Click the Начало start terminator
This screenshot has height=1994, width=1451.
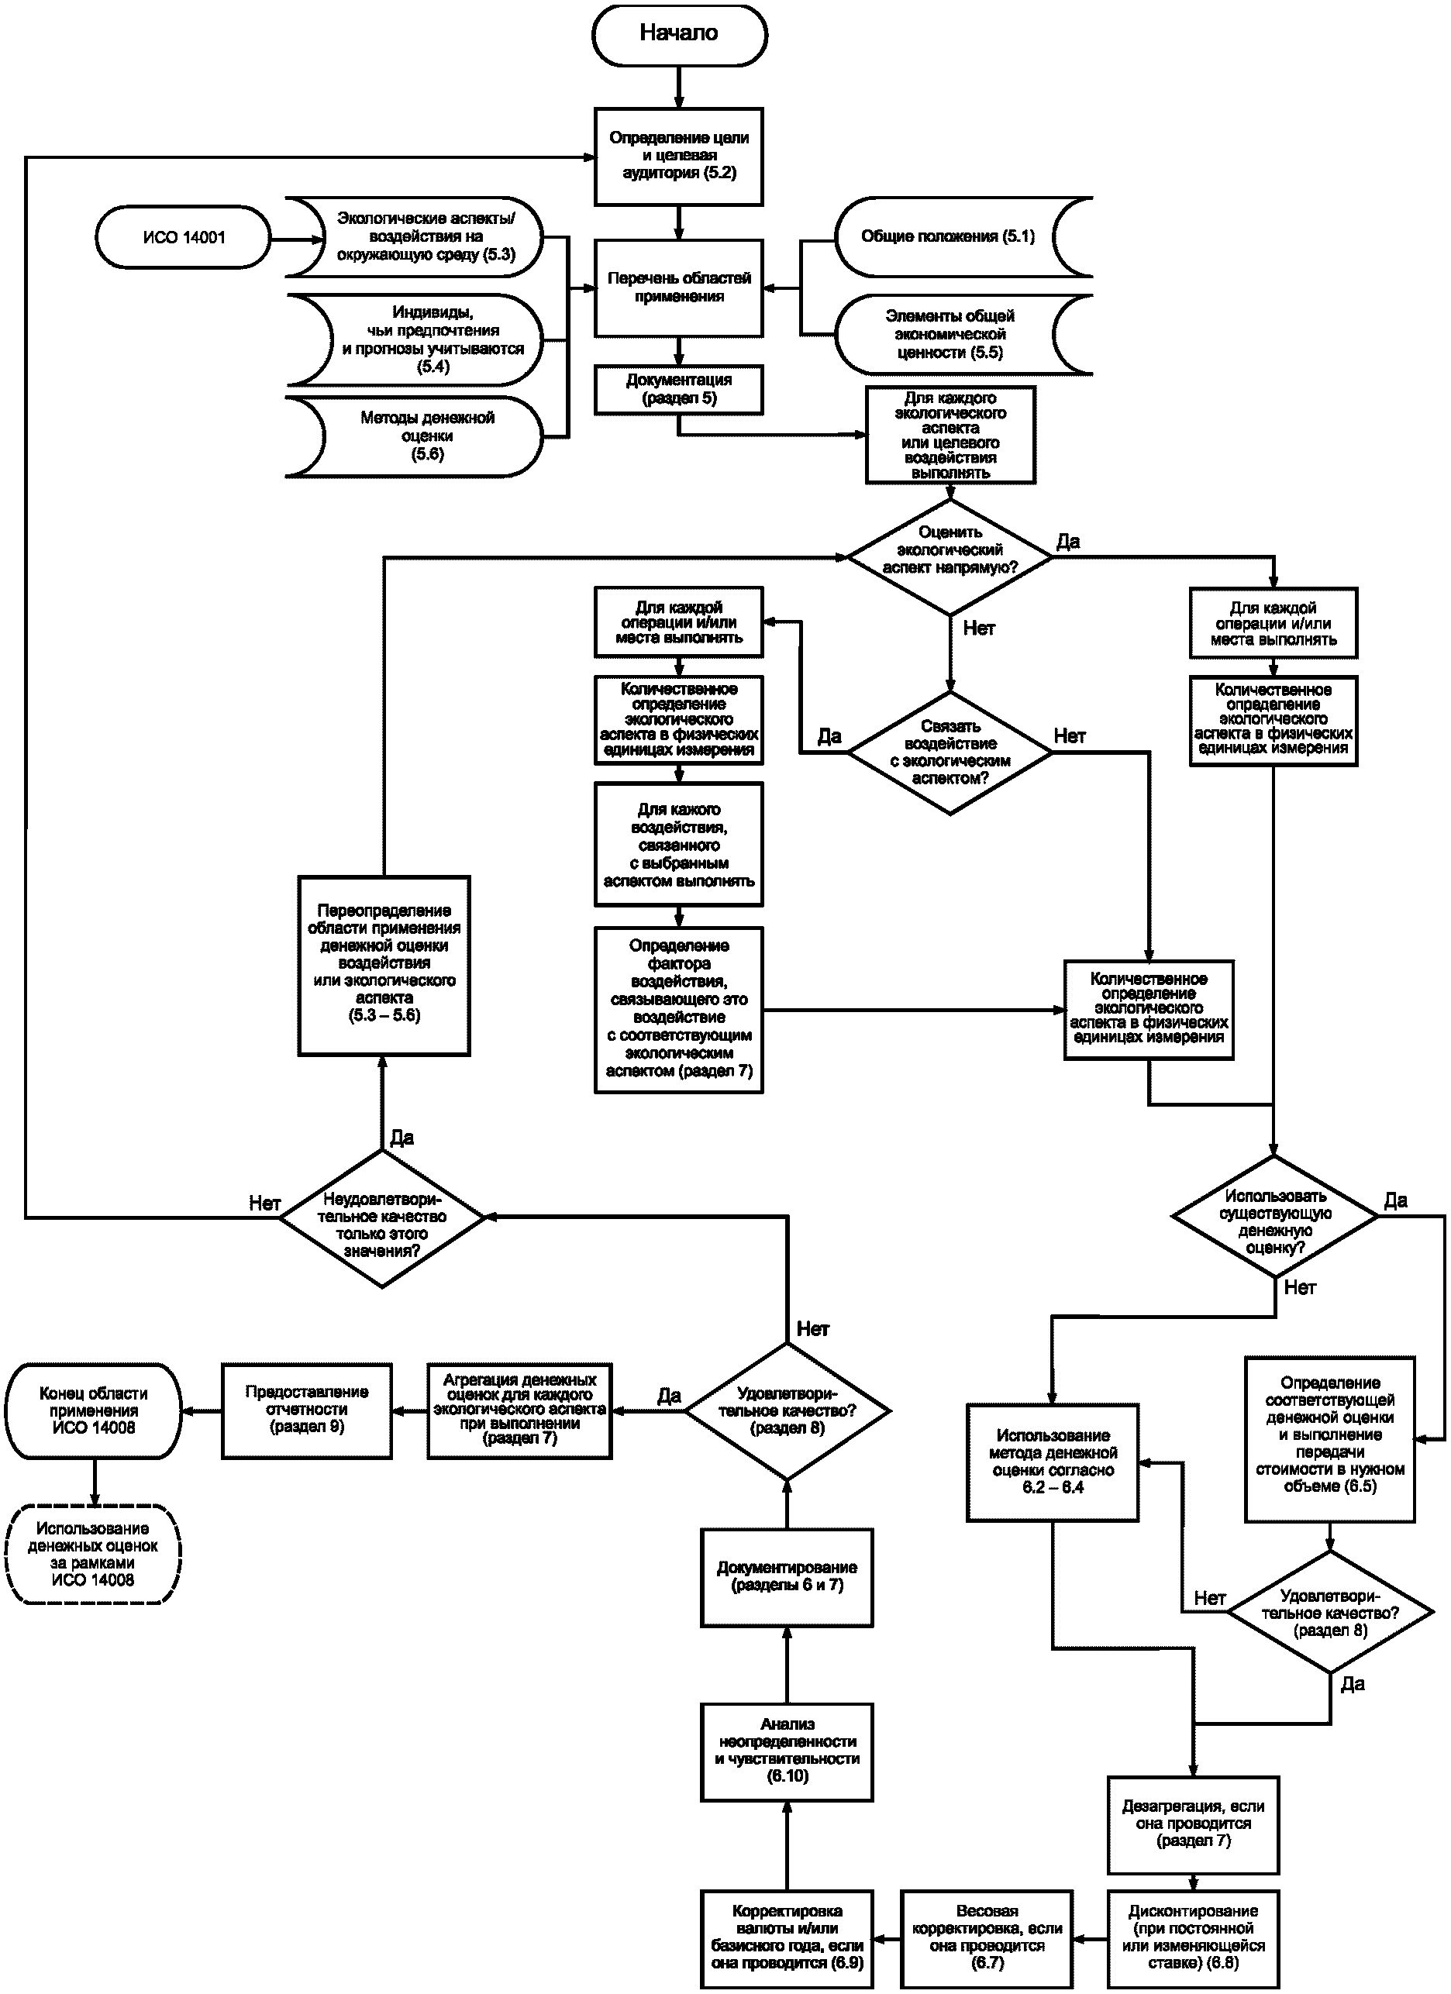point(679,34)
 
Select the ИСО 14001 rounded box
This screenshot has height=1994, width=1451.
point(182,237)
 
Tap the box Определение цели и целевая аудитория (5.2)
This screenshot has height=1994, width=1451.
point(679,157)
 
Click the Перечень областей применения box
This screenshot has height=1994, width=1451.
point(679,288)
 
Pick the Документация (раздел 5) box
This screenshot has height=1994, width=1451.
point(679,390)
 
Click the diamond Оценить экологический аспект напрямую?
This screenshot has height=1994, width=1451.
point(950,556)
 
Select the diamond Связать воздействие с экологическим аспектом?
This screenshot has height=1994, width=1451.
point(950,752)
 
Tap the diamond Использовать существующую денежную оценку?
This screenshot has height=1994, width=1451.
point(1274,1217)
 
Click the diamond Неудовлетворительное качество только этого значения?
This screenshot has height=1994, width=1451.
point(381,1218)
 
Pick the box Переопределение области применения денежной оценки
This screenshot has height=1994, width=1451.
point(384,966)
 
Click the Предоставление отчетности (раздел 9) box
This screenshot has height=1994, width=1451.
point(307,1411)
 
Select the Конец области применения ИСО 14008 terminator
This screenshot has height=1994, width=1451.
point(94,1411)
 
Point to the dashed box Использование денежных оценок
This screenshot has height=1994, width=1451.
point(94,1555)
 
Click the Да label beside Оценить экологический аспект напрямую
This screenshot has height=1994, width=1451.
point(1067,542)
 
